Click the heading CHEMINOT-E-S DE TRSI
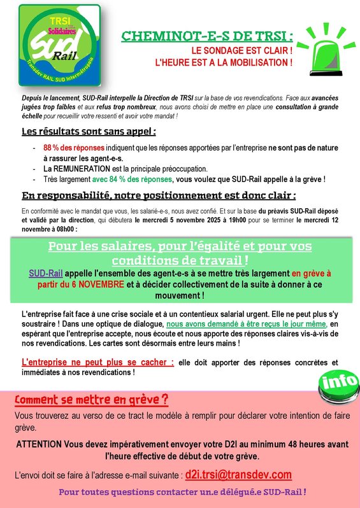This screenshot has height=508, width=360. (x=208, y=36)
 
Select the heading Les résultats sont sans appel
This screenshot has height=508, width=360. (x=89, y=132)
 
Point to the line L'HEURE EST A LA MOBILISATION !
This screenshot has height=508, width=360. (x=224, y=63)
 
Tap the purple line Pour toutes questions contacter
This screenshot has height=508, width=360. (x=182, y=492)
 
